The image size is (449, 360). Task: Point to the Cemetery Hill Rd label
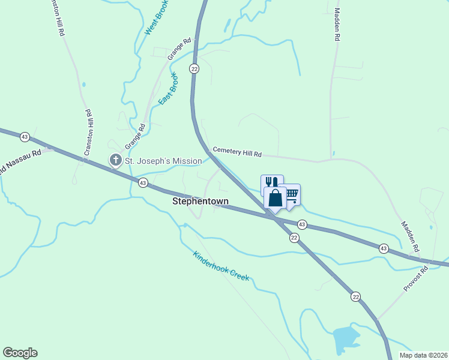[x=238, y=154]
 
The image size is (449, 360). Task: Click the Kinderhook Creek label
[x=221, y=266]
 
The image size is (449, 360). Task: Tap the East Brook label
[x=169, y=89]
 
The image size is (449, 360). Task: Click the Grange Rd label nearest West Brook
[x=179, y=49]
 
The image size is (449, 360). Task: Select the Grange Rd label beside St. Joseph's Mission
[x=136, y=137]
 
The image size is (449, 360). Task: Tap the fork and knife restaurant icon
[x=271, y=182]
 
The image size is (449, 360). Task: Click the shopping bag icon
[x=276, y=198]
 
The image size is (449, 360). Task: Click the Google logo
[x=20, y=353]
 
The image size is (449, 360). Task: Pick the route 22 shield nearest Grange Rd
[x=194, y=69]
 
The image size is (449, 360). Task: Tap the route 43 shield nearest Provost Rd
[x=384, y=248]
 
